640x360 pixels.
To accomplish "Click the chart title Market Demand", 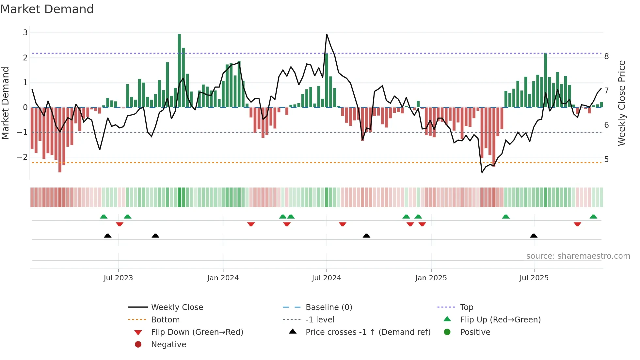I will click(x=47, y=9).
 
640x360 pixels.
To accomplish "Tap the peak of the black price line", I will click(x=327, y=34).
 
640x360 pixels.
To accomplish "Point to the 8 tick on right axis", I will click(x=606, y=57).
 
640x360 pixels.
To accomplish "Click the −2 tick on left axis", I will click(x=22, y=157).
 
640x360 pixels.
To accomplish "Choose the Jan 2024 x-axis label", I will click(x=223, y=278).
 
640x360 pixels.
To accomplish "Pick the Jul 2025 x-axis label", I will click(x=534, y=278).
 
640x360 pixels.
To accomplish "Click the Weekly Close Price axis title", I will click(x=622, y=103).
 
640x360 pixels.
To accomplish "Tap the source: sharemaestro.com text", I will click(x=578, y=256).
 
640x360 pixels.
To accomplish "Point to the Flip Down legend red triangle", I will click(x=138, y=333).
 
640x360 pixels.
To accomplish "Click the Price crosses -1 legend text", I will click(x=368, y=332).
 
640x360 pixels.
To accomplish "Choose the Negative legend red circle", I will click(x=138, y=345).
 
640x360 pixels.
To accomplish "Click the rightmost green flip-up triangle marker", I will click(x=593, y=217).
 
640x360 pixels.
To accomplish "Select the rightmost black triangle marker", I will click(x=534, y=236).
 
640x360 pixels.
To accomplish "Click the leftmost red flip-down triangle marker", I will click(x=120, y=224).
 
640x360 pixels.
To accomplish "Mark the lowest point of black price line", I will click(x=482, y=172).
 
